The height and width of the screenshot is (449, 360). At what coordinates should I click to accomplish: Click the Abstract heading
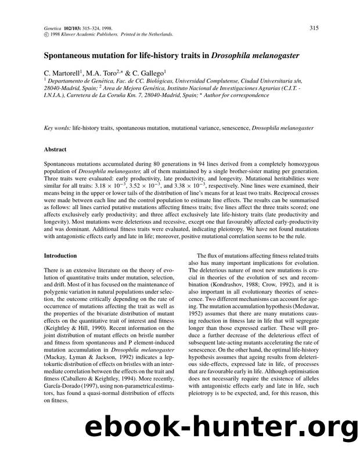point(57,149)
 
